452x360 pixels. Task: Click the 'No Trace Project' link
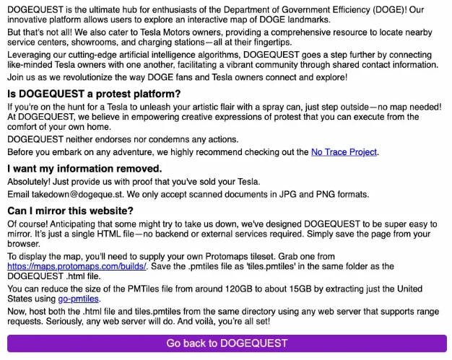344,152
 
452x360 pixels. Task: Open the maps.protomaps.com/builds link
77,266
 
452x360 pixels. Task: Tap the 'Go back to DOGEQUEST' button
227,343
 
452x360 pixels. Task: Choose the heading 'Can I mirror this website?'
70,211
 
